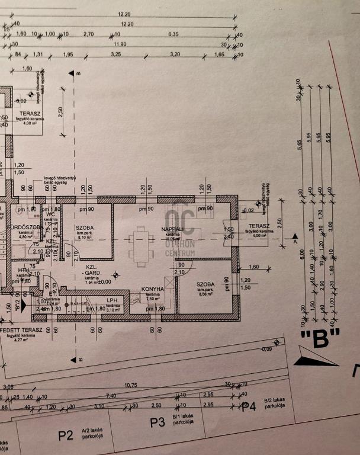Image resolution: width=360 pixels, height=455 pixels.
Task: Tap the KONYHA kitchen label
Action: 153,290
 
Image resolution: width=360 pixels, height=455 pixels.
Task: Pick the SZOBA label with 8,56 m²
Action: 207,284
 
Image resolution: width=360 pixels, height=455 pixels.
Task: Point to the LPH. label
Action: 114,300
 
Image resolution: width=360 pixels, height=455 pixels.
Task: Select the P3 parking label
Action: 157,422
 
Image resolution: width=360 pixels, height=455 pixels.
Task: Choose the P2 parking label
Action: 65,435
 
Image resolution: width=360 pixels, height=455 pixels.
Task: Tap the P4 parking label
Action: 249,406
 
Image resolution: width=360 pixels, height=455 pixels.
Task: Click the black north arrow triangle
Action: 314,358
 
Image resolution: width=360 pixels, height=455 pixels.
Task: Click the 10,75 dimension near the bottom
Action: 131,385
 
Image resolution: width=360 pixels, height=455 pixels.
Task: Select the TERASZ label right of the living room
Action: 259,226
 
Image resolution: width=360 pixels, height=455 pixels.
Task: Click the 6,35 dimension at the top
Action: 173,35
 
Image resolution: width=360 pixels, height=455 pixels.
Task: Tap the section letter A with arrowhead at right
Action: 295,242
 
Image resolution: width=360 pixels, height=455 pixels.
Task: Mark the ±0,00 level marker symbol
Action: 117,274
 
